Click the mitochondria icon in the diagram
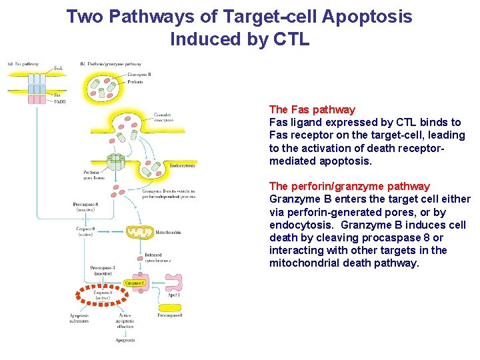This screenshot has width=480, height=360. tap(141, 233)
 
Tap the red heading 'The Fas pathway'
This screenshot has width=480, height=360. tap(312, 109)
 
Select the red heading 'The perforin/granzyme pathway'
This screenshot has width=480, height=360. tap(349, 186)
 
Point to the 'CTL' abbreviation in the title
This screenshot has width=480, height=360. tap(292, 39)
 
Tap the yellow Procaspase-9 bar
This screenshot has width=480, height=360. tap(170, 315)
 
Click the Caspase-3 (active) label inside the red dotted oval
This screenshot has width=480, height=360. tap(102, 295)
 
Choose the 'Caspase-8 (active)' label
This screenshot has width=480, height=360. tap(85, 231)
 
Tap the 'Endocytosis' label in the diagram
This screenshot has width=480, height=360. tap(181, 165)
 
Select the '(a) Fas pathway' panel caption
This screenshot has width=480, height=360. tap(23, 65)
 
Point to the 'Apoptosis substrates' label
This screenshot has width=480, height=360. tap(79, 317)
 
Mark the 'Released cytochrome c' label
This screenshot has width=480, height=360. tap(157, 258)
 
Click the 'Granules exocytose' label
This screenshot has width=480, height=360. tap(163, 118)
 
